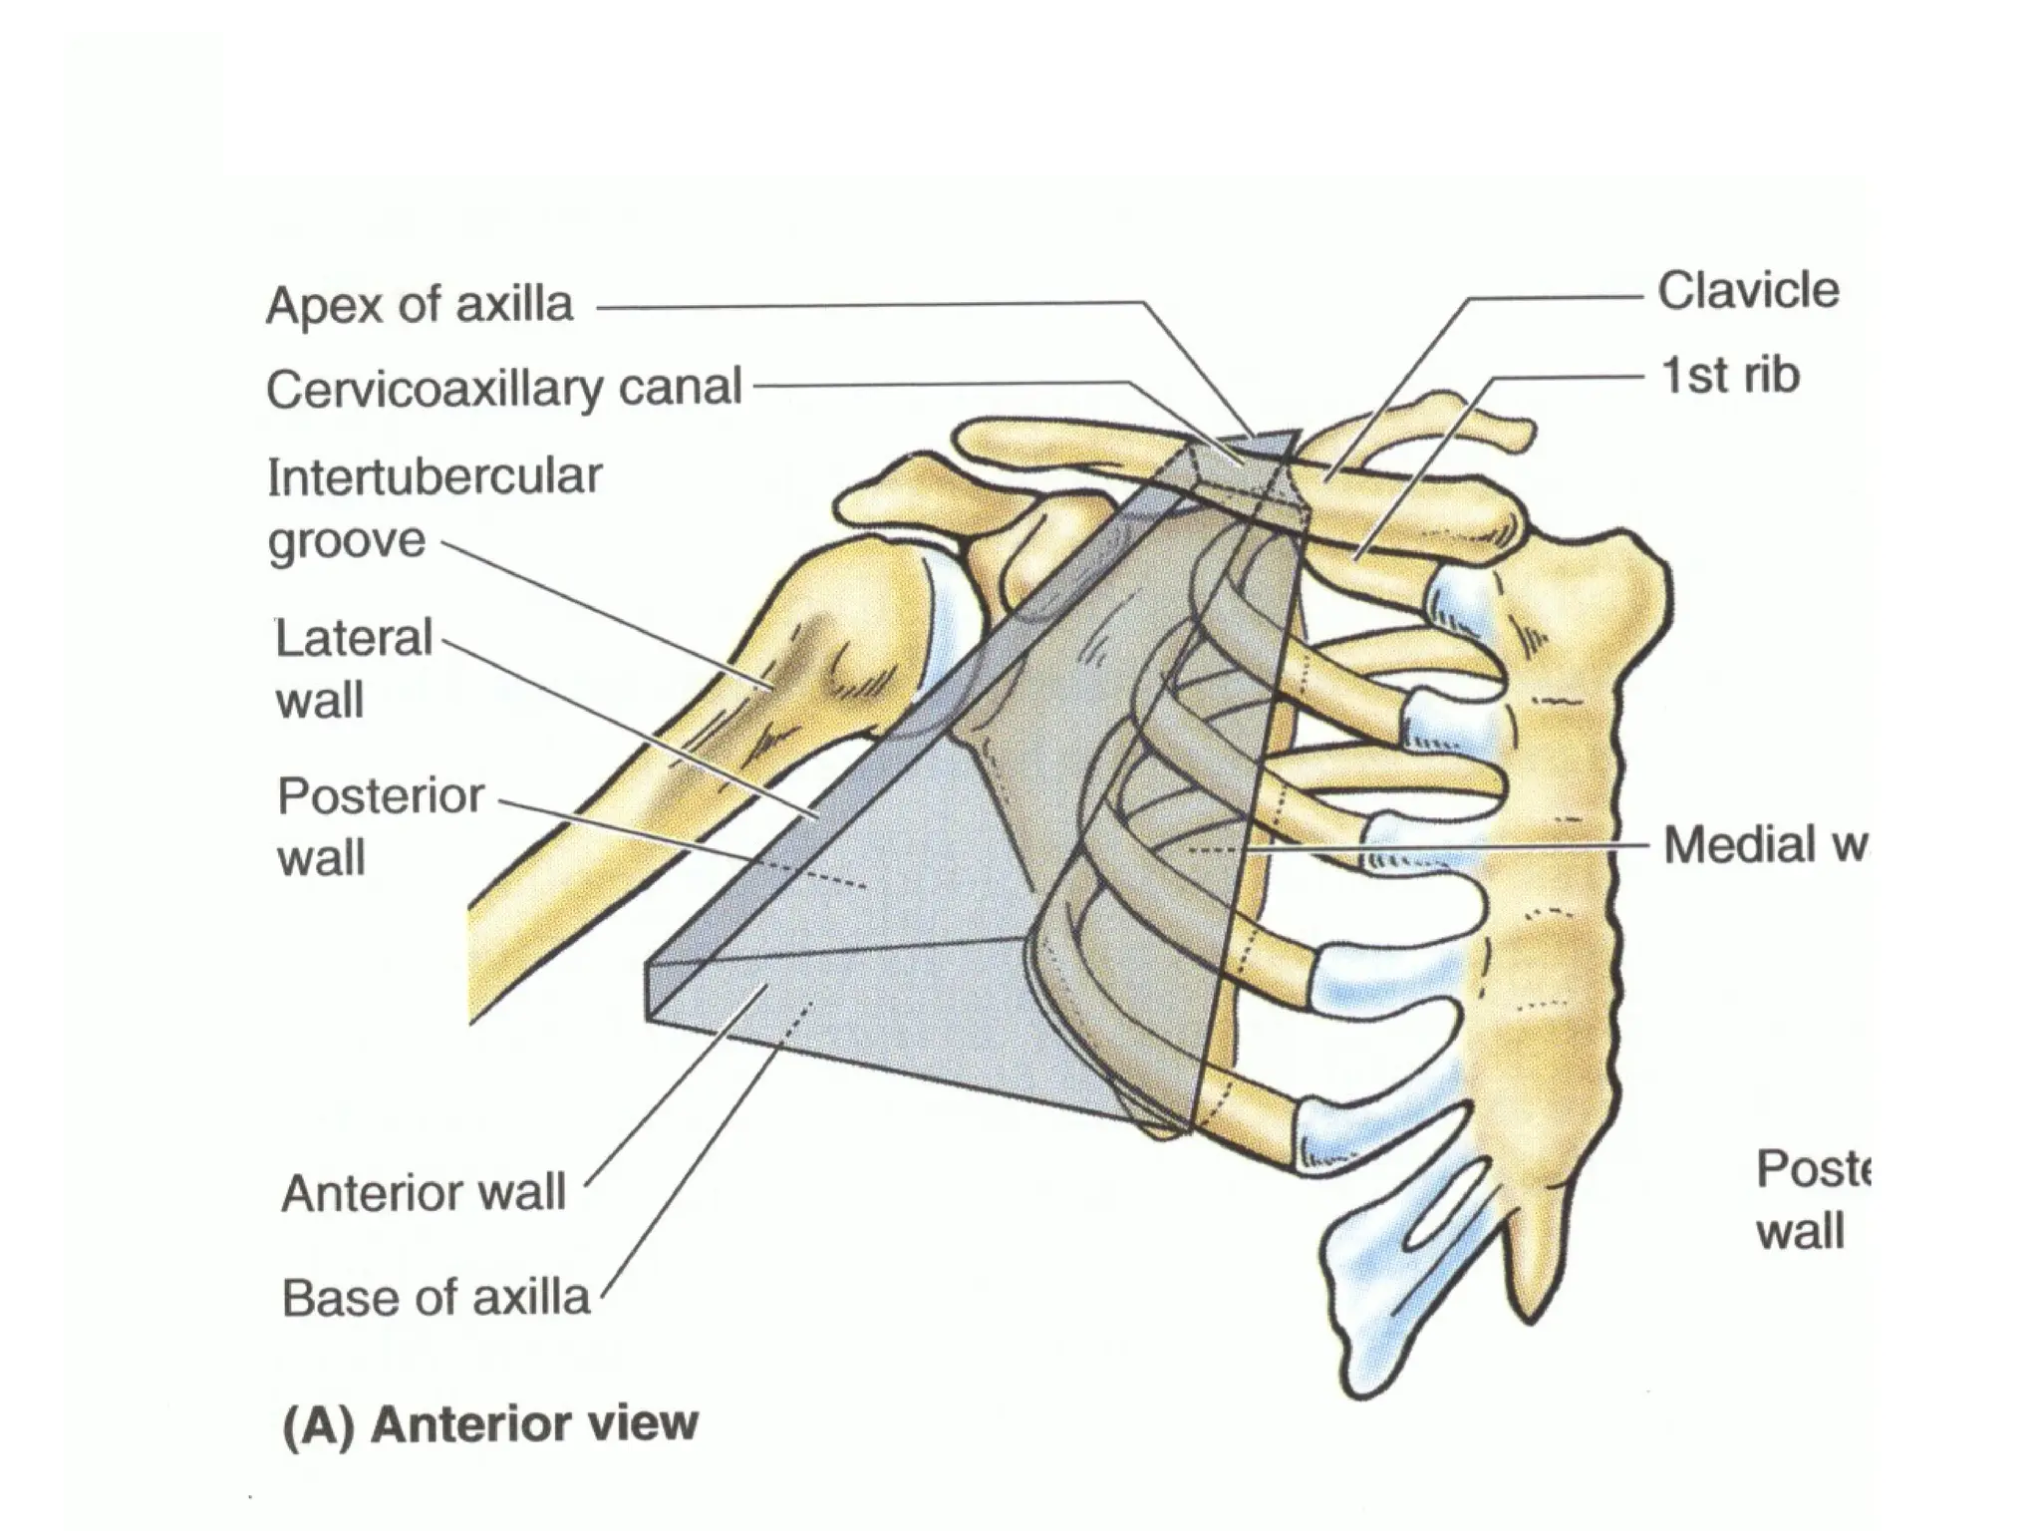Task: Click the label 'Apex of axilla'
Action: pos(420,305)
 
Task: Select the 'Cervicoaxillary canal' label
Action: pos(504,388)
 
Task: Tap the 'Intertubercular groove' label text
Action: pos(434,508)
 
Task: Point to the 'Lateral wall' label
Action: pos(353,669)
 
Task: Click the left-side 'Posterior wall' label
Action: pos(380,826)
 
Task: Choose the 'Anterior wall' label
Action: pos(424,1192)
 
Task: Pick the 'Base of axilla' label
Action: pos(436,1298)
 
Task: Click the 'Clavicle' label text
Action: pos(1748,291)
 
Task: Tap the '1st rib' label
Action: pos(1731,376)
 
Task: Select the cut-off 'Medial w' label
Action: pos(1764,845)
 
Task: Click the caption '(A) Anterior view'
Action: pos(490,1423)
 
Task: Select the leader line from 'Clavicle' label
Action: pos(1555,297)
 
